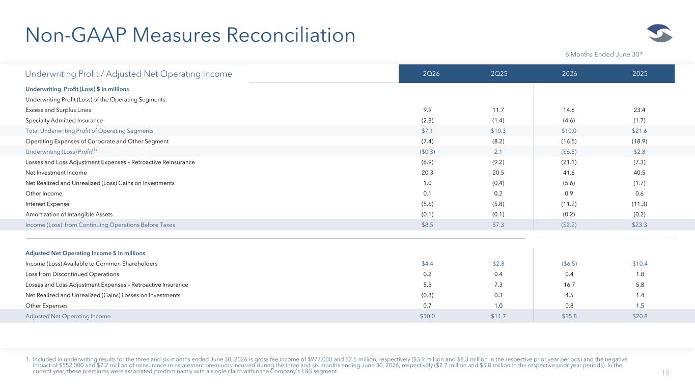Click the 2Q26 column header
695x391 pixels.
(431, 74)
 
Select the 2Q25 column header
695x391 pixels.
(499, 74)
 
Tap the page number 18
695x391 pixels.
(665, 373)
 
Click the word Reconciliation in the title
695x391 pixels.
(291, 35)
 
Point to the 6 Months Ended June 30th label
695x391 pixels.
(604, 54)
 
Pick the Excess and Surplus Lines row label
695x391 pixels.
(58, 110)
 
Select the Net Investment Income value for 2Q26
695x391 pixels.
(427, 173)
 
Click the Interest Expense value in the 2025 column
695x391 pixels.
(640, 204)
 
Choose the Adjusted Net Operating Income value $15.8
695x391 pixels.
(569, 316)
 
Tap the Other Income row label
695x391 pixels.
(44, 193)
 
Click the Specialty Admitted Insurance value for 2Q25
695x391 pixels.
(498, 120)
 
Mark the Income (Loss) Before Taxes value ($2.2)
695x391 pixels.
(569, 225)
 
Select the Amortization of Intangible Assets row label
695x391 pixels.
(69, 214)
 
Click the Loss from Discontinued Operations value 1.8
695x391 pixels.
(640, 274)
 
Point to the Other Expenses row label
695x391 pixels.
(46, 305)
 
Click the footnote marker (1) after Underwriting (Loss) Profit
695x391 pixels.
(95, 150)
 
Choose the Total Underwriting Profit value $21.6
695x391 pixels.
(640, 131)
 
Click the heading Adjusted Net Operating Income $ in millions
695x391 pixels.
(86, 253)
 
